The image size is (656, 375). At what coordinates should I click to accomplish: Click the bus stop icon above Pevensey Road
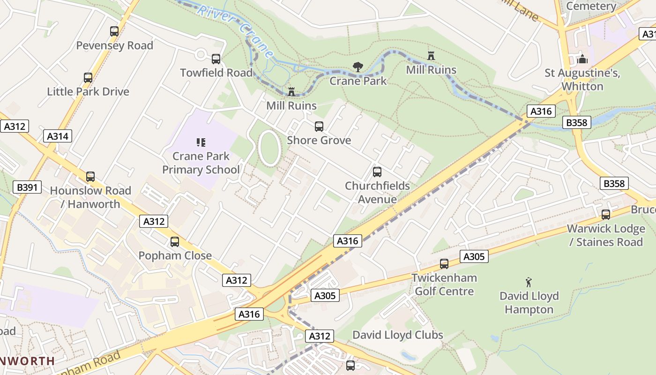114,31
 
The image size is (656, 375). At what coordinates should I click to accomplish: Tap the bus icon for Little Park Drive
88,78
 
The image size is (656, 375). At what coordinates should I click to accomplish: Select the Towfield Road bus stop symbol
216,59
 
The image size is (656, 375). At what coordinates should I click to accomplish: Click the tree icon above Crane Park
358,67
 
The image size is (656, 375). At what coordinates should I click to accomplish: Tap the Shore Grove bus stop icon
319,127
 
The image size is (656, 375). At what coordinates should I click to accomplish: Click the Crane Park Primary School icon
201,142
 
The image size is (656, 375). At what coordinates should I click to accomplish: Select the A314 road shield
58,136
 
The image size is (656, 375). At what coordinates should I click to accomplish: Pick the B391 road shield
27,187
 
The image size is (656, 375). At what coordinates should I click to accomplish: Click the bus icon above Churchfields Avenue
377,172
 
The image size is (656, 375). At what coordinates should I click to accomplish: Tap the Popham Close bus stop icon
174,242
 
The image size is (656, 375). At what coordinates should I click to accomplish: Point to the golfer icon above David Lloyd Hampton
529,282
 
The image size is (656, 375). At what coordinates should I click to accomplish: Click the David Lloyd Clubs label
397,335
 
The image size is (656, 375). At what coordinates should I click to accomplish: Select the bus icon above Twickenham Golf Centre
444,264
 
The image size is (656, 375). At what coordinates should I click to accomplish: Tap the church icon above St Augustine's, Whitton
582,59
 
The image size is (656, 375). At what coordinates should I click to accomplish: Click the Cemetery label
591,6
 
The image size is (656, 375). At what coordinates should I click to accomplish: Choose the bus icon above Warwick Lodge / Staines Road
605,215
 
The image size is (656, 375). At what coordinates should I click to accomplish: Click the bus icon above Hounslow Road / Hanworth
90,177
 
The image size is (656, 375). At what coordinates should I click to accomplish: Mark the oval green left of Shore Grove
269,148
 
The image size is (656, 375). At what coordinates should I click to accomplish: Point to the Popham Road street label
89,363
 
